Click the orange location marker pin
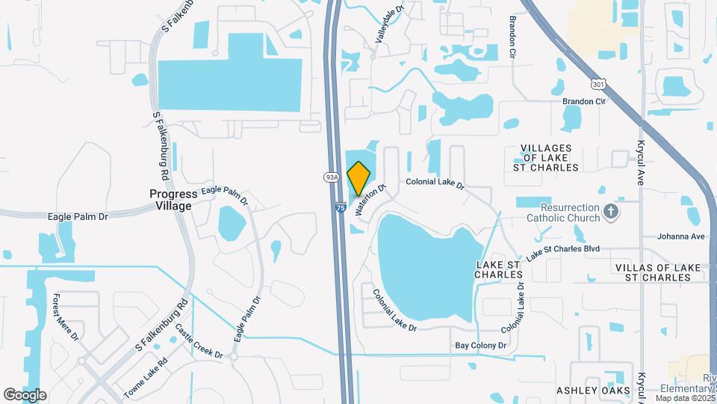(x=359, y=179)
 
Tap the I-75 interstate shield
(x=341, y=209)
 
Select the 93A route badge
(x=332, y=177)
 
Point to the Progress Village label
(x=170, y=200)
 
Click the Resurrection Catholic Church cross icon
(x=611, y=212)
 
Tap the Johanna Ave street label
(x=681, y=236)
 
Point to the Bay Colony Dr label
(x=481, y=346)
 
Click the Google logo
(x=25, y=394)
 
